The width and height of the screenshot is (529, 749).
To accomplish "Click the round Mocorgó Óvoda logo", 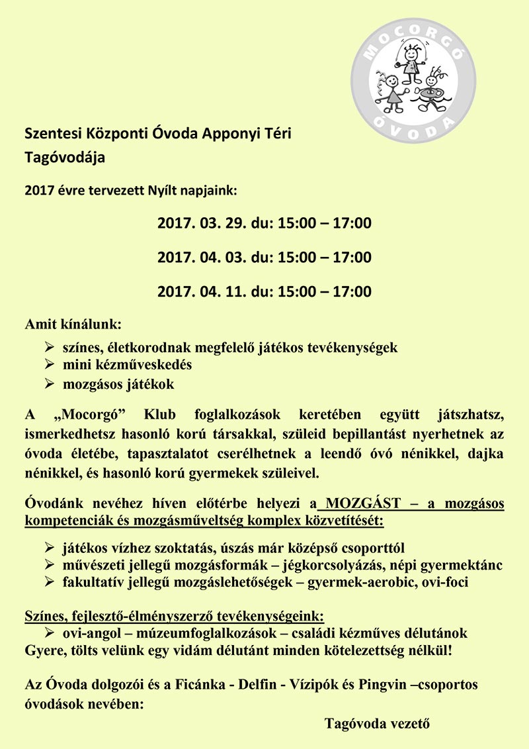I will point(413,72).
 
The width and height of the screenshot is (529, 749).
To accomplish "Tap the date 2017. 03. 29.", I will point(199,223).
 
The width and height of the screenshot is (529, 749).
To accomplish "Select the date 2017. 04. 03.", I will point(199,257).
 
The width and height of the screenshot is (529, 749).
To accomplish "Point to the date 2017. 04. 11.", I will point(199,291).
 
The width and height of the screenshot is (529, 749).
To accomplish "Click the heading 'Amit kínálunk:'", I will point(73,325).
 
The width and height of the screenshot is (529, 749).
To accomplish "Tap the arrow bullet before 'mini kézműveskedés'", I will point(49,364).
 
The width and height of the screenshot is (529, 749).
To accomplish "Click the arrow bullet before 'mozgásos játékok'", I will point(49,383).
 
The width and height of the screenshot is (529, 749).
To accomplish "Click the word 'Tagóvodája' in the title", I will point(64,158).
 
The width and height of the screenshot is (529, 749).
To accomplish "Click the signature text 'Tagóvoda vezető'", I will point(377,723).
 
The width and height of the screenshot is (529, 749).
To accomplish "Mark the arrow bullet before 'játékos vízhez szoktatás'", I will point(49,548).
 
